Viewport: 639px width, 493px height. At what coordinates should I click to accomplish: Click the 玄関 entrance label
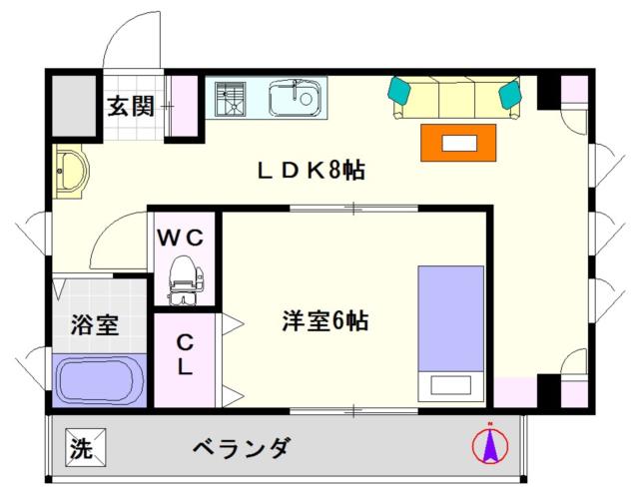pyautogui.click(x=131, y=106)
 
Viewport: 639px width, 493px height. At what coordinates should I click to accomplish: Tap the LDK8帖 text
pyautogui.click(x=311, y=171)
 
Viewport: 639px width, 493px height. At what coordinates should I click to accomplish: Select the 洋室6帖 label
pyautogui.click(x=325, y=320)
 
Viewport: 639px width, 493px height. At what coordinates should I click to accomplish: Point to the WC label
pyautogui.click(x=181, y=238)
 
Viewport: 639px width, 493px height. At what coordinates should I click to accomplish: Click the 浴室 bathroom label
pyautogui.click(x=95, y=324)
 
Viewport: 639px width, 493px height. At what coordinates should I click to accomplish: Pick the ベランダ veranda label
pyautogui.click(x=242, y=448)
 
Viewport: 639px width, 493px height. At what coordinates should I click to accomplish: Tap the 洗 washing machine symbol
pyautogui.click(x=86, y=448)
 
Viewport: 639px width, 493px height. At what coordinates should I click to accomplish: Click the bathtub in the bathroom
pyautogui.click(x=100, y=380)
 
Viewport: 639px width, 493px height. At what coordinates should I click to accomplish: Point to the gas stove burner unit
pyautogui.click(x=231, y=99)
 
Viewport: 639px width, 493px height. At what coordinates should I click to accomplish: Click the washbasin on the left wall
pyautogui.click(x=71, y=171)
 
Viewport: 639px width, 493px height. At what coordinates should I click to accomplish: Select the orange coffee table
pyautogui.click(x=458, y=143)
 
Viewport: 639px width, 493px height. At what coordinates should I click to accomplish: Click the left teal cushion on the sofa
pyautogui.click(x=400, y=91)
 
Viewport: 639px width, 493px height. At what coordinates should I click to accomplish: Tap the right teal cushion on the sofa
pyautogui.click(x=510, y=95)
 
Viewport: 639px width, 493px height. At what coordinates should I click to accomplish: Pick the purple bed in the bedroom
pyautogui.click(x=451, y=333)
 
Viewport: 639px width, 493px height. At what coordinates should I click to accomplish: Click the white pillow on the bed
pyautogui.click(x=450, y=385)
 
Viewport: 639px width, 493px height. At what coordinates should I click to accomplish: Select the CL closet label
pyautogui.click(x=185, y=354)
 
